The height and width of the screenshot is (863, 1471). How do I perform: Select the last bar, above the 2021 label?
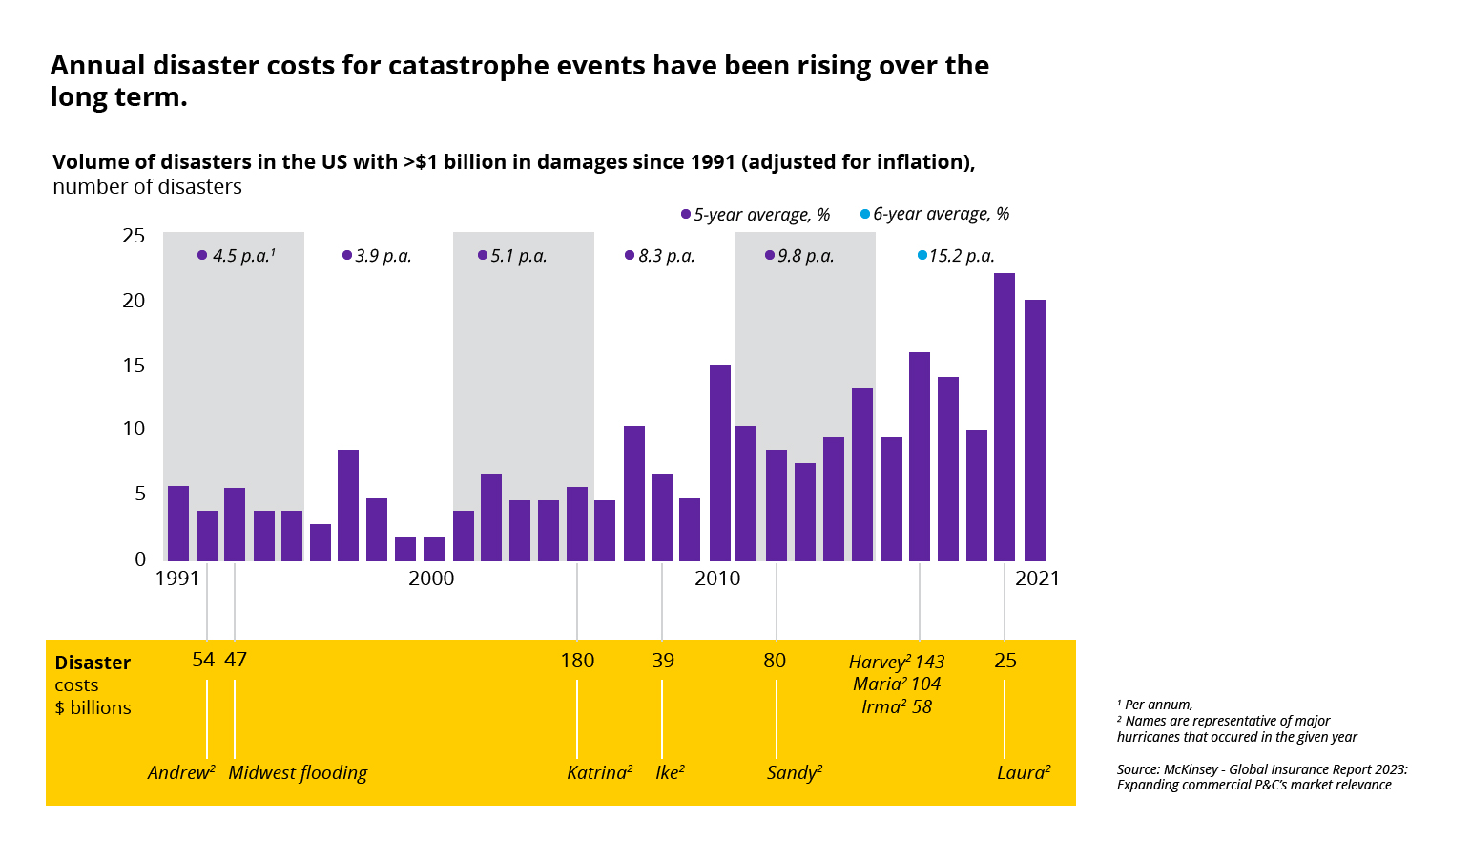coord(1035,430)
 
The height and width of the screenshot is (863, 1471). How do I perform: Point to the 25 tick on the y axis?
coord(134,236)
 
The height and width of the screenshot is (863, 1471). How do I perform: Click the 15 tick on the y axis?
coord(134,366)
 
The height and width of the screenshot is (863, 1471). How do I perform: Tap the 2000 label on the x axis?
coord(431,579)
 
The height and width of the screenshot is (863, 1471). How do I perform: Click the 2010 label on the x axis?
coord(717,579)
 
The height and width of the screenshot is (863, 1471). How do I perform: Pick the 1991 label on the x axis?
coord(177,579)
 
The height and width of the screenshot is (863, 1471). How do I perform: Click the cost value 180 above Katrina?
coord(577,661)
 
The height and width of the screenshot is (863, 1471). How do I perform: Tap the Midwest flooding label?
coord(298,772)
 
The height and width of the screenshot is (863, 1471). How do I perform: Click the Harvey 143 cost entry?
coord(897,662)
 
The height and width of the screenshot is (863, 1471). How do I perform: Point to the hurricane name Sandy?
coord(792,772)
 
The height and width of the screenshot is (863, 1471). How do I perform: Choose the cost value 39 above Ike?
coord(663,661)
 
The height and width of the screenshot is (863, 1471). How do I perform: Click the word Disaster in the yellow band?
coord(93,663)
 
